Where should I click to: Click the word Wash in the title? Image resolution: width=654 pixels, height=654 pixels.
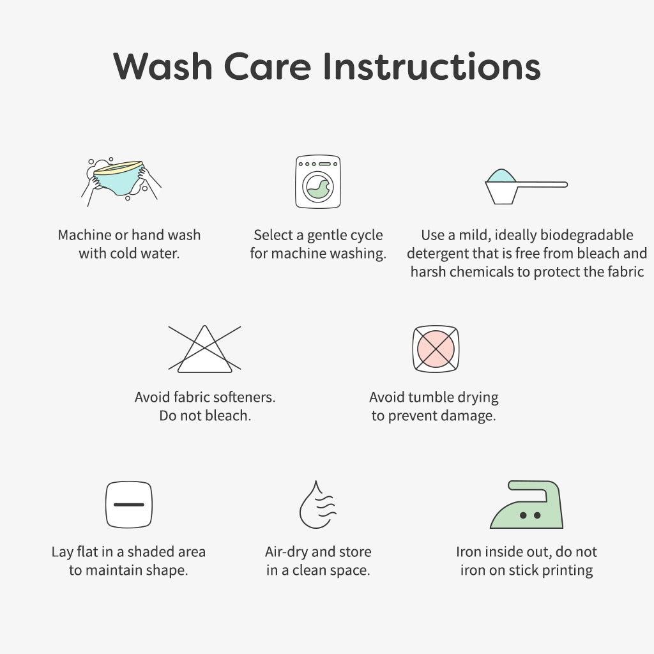[x=163, y=66]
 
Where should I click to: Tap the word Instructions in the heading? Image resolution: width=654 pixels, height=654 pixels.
[x=432, y=66]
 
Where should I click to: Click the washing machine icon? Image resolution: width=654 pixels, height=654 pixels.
[x=318, y=181]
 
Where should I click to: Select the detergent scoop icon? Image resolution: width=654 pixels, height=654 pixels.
[x=526, y=186]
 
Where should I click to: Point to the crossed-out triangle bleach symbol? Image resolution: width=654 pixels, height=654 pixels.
[x=204, y=349]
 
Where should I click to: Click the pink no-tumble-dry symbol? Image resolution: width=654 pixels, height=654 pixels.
[x=436, y=349]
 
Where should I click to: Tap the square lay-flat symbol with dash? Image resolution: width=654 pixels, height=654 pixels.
[x=129, y=505]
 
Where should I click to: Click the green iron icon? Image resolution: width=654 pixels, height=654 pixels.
[x=526, y=505]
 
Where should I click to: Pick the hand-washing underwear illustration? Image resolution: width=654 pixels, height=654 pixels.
[x=121, y=181]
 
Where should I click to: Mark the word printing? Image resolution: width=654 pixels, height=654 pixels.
[x=567, y=571]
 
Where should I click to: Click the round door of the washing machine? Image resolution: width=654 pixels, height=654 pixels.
[x=318, y=187]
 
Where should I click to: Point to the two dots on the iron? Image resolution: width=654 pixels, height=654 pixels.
[x=530, y=515]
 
